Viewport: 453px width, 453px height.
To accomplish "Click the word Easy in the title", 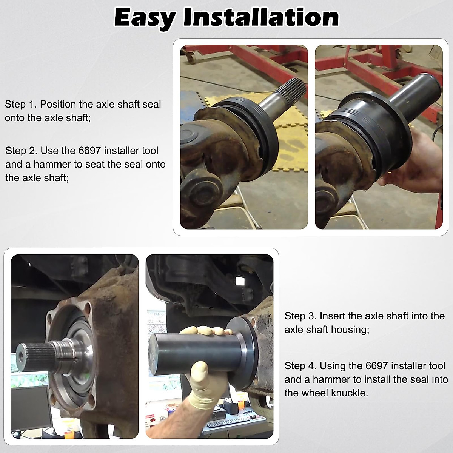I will pos(145,17).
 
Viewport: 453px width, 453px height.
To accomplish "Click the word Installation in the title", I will pos(261,17).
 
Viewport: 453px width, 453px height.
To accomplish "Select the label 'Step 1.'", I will pos(21,104).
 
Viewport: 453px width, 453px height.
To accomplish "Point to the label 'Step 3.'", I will pos(300,316).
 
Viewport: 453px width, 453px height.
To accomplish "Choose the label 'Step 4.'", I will pos(300,366).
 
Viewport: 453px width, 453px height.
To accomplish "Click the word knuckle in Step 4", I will pos(349,393).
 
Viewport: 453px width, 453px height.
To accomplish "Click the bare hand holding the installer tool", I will pos(415,162).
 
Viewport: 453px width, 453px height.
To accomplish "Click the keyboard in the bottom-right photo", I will pos(228,422).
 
